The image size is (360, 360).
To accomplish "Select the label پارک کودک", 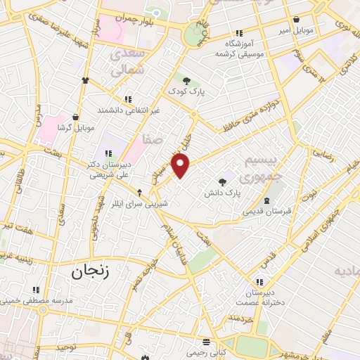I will click(x=185, y=91).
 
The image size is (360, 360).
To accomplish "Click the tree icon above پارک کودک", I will click(x=186, y=81).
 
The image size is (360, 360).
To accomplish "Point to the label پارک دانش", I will click(x=223, y=192).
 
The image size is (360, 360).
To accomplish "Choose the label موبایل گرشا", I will click(x=75, y=127).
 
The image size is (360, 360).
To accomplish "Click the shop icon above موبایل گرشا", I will click(x=75, y=117).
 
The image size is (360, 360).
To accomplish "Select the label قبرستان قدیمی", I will click(x=266, y=211).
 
